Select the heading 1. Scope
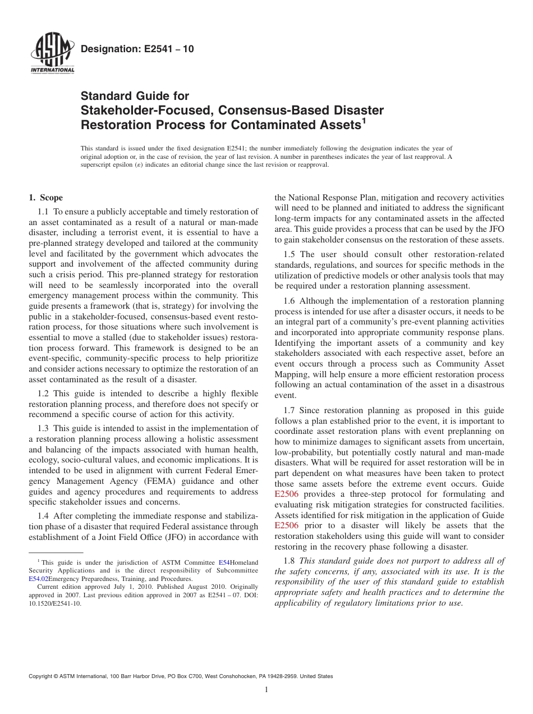click(x=46, y=198)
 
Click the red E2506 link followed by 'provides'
click(x=286, y=494)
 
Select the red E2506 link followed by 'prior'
click(x=286, y=525)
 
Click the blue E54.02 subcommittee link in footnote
click(x=38, y=578)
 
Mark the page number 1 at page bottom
click(x=266, y=690)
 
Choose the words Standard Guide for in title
click(x=135, y=96)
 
